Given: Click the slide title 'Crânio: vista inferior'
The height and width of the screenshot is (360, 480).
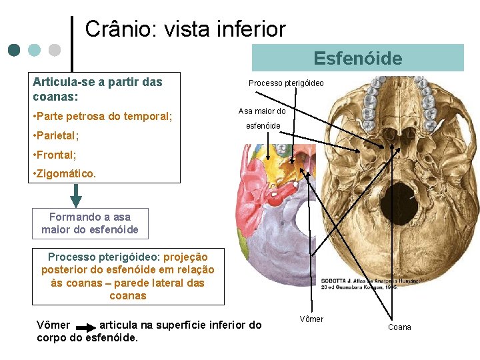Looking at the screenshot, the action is pos(185,29).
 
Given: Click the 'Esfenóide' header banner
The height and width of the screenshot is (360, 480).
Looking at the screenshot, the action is pos(358,58).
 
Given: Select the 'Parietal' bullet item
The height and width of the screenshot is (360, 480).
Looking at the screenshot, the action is pos(56,135).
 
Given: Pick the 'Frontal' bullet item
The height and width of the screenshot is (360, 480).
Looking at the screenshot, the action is pos(55,155).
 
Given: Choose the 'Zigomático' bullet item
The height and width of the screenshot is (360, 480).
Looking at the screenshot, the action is pos(64,173).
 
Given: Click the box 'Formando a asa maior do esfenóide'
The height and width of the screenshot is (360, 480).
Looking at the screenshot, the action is pos(90,223).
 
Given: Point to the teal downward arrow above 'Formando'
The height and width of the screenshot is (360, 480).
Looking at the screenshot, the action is pos(76,195).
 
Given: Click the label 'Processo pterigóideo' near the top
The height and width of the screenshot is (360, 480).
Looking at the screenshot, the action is pos(286,83).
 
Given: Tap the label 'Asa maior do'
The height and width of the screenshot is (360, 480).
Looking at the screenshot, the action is pos(262,111).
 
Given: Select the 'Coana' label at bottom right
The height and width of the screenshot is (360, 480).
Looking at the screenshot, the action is pos(399,327).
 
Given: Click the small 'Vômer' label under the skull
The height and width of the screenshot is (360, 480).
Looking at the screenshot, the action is pos(311,319).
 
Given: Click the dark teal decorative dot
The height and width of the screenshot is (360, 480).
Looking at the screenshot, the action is pos(15,50).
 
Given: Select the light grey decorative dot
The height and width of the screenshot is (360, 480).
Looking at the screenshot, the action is pos(55,50).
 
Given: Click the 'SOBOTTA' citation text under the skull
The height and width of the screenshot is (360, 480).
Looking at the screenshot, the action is pos(370,284).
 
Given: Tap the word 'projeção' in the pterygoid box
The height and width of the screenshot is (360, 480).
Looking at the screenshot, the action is pos(185,257).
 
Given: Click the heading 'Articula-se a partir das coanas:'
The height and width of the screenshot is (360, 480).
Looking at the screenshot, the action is pos(97,89).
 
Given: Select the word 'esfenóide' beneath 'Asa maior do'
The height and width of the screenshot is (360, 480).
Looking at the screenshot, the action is pos(263,125).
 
